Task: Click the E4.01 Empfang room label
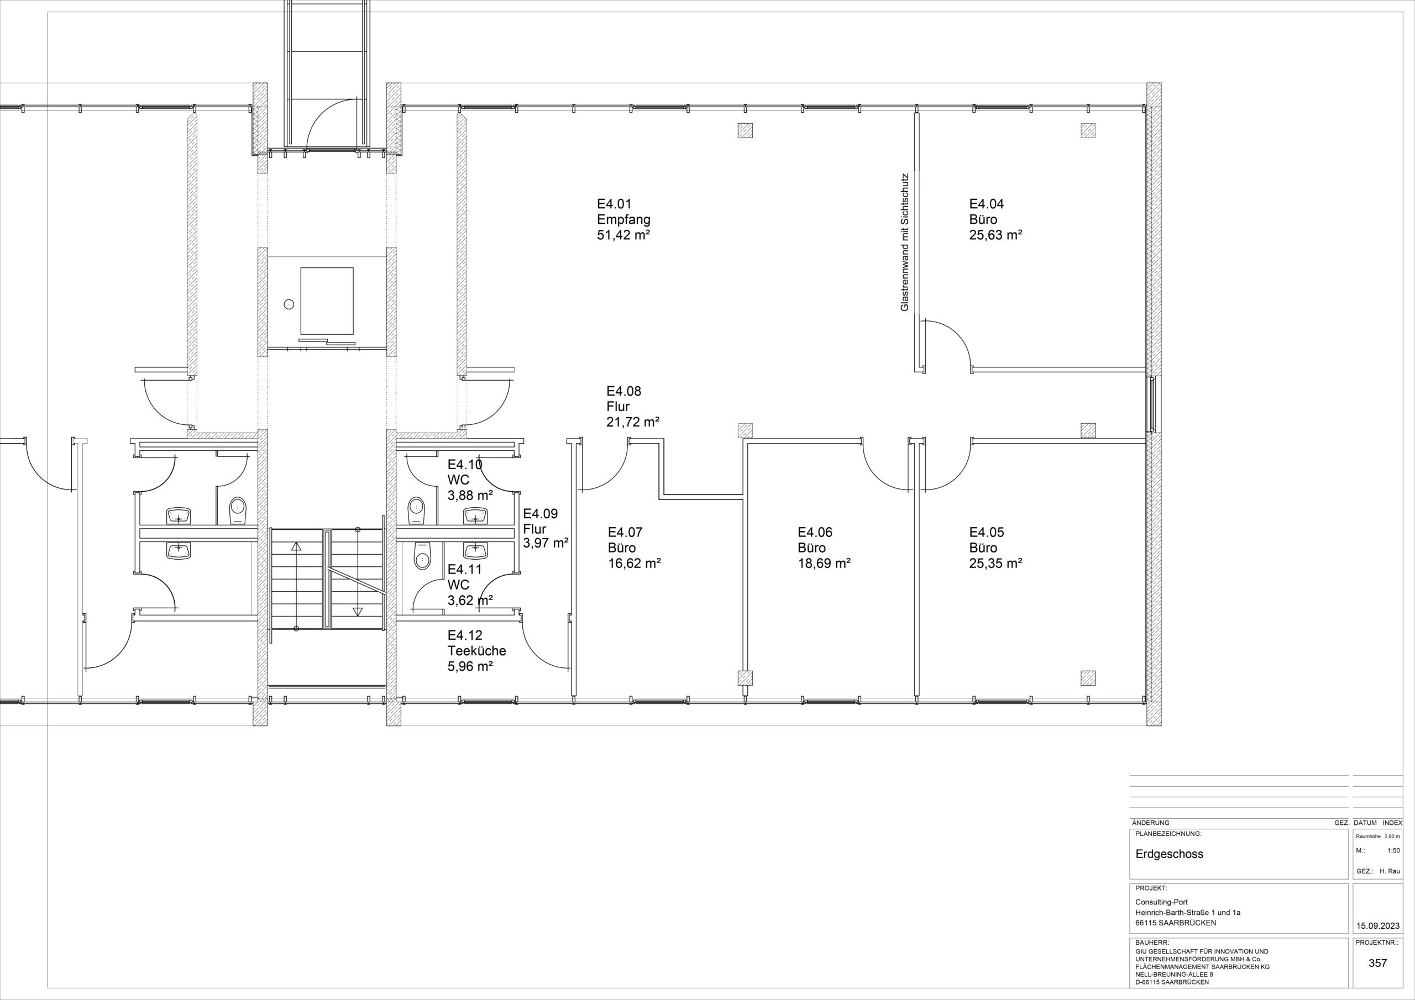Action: point(623,219)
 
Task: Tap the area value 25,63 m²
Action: point(996,235)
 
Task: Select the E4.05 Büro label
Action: point(987,540)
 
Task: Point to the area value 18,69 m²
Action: point(825,563)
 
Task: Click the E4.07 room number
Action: point(626,533)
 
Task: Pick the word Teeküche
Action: point(476,651)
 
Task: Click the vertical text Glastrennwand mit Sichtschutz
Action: point(905,241)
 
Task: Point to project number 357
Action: point(1377,963)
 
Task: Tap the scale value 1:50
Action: point(1393,850)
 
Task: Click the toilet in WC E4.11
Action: point(422,556)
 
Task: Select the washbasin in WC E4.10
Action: point(475,515)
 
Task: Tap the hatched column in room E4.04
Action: point(1088,130)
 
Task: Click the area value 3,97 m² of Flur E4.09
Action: point(546,544)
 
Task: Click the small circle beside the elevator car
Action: point(289,304)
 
